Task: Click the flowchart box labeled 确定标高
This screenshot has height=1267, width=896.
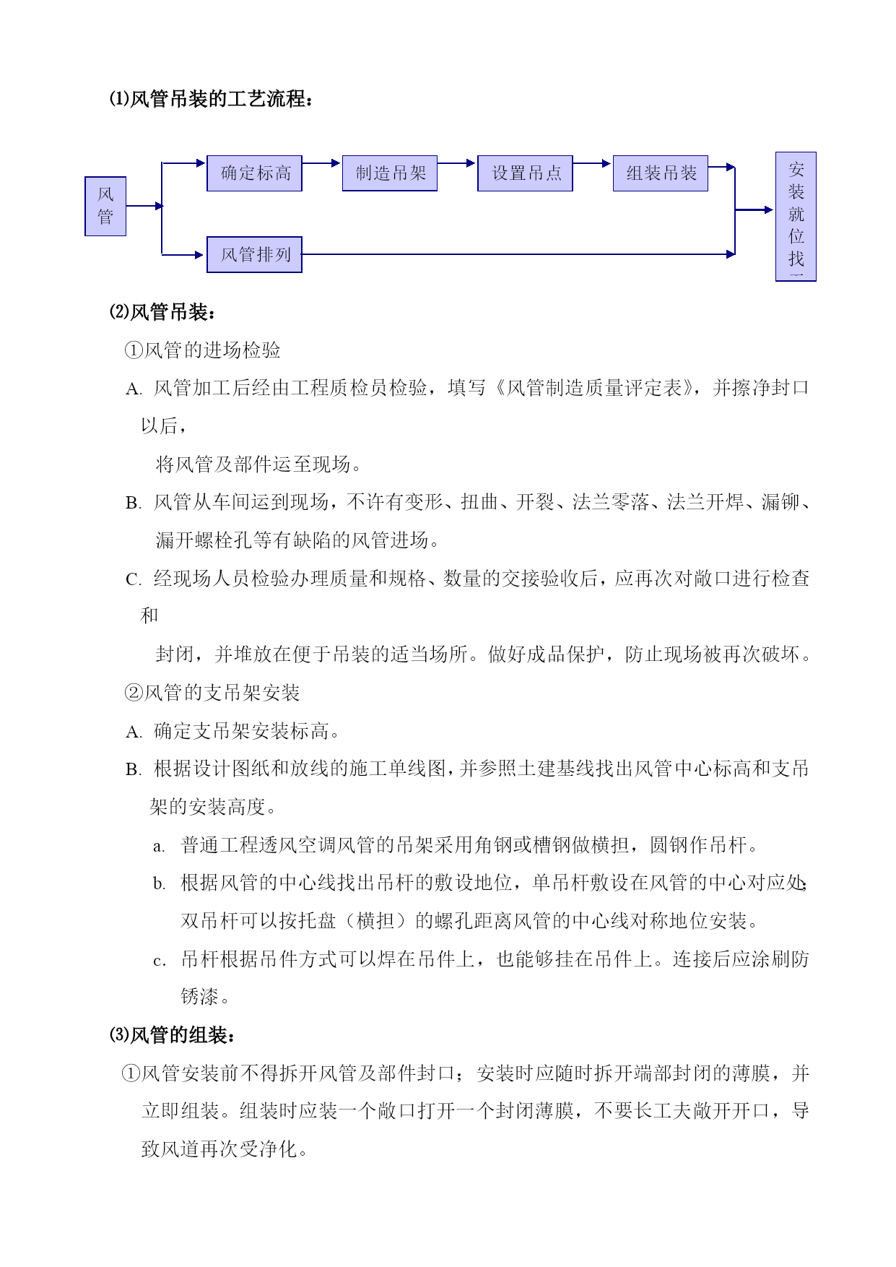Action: [x=254, y=173]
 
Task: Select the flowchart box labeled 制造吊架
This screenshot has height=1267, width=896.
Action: [x=390, y=173]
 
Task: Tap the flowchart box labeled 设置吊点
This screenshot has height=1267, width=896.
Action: [x=525, y=173]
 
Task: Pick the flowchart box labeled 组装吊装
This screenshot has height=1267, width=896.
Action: [x=661, y=173]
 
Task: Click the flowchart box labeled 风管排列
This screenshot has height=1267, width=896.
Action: [x=254, y=254]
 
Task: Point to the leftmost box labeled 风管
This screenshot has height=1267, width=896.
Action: [x=105, y=206]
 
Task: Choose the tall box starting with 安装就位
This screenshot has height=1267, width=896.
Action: [x=796, y=216]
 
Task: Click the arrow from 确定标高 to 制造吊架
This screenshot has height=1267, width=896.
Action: [x=321, y=163]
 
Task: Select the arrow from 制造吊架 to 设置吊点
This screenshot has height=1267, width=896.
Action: [x=457, y=163]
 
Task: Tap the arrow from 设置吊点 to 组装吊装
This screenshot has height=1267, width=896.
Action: [x=592, y=163]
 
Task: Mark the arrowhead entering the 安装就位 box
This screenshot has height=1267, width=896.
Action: [x=768, y=210]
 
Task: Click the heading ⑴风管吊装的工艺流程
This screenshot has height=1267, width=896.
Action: [x=212, y=99]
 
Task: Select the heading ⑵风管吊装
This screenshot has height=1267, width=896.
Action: [x=162, y=312]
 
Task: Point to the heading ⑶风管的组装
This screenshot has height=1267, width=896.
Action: [x=173, y=1035]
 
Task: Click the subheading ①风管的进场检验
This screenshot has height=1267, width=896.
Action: [x=203, y=350]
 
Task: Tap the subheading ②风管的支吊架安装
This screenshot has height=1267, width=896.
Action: [x=212, y=693]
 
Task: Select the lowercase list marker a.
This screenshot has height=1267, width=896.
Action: [x=159, y=847]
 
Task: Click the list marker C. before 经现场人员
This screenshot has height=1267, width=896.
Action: [x=134, y=580]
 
